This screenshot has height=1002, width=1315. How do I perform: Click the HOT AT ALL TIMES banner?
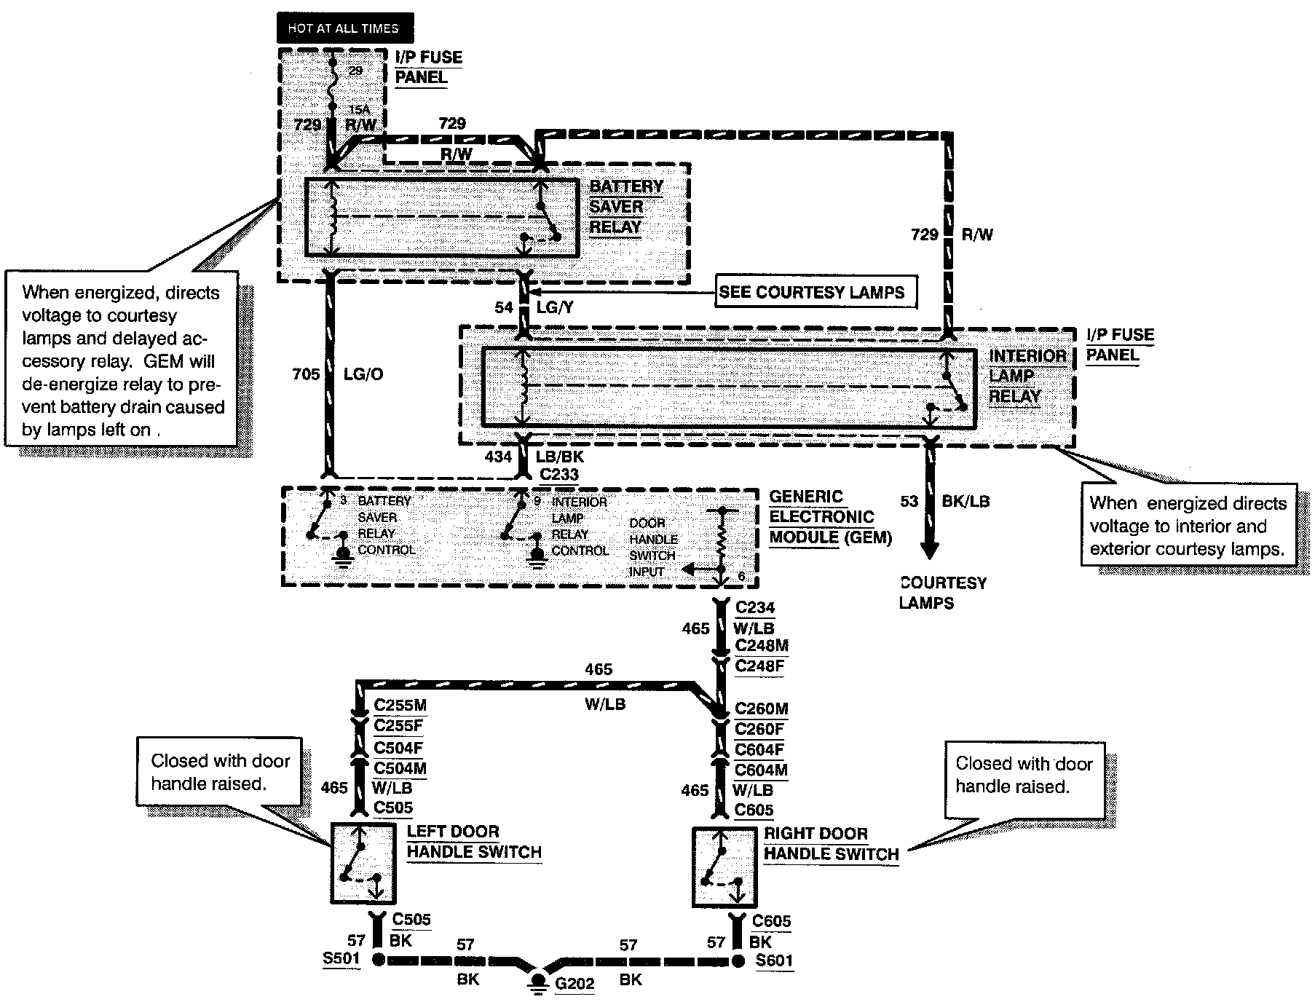pyautogui.click(x=344, y=28)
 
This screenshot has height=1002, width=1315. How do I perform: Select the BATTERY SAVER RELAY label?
pyautogui.click(x=626, y=207)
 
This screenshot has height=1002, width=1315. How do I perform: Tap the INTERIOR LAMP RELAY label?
pyautogui.click(x=1027, y=376)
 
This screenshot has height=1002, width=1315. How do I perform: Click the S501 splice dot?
pyautogui.click(x=379, y=959)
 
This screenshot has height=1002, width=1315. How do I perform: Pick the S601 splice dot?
pyautogui.click(x=738, y=960)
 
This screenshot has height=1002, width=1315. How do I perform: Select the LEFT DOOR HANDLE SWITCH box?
pyautogui.click(x=363, y=864)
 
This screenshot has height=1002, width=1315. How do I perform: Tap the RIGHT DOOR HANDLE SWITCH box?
pyautogui.click(x=724, y=867)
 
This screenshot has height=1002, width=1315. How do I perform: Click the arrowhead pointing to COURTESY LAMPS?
pyautogui.click(x=929, y=548)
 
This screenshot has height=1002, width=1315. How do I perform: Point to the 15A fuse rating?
pyautogui.click(x=359, y=110)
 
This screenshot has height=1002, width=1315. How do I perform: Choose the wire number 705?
pyautogui.click(x=306, y=374)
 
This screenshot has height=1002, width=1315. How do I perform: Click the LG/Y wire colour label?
pyautogui.click(x=556, y=307)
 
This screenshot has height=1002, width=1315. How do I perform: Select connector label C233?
pyautogui.click(x=559, y=475)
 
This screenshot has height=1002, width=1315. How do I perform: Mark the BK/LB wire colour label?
pyautogui.click(x=965, y=501)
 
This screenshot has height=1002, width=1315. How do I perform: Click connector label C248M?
pyautogui.click(x=762, y=645)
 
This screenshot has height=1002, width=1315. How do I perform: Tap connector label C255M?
pyautogui.click(x=400, y=705)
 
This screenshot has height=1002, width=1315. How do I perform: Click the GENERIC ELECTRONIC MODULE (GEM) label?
pyautogui.click(x=830, y=517)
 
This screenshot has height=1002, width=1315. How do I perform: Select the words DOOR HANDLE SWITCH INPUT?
pyautogui.click(x=653, y=547)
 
